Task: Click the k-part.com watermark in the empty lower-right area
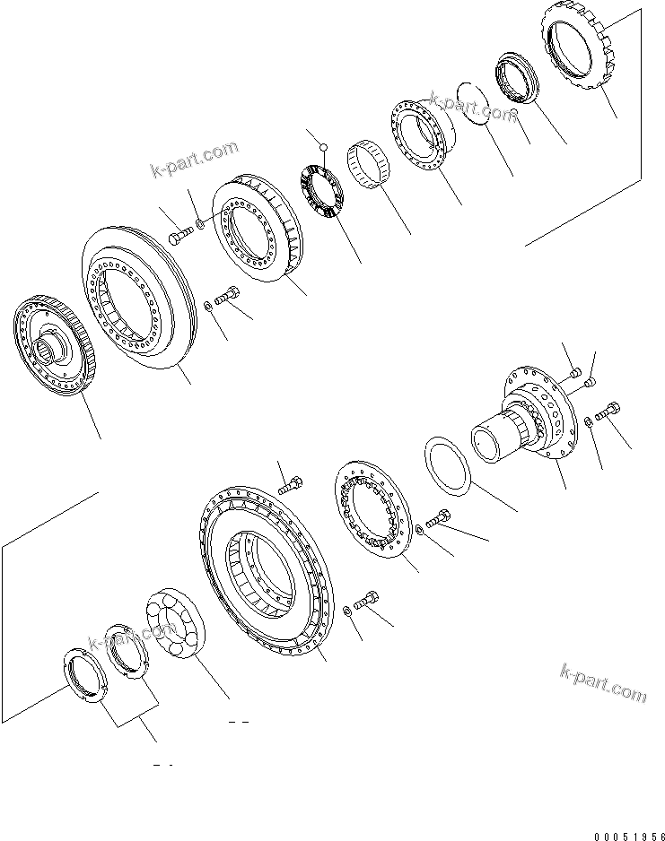pos(602,684)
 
